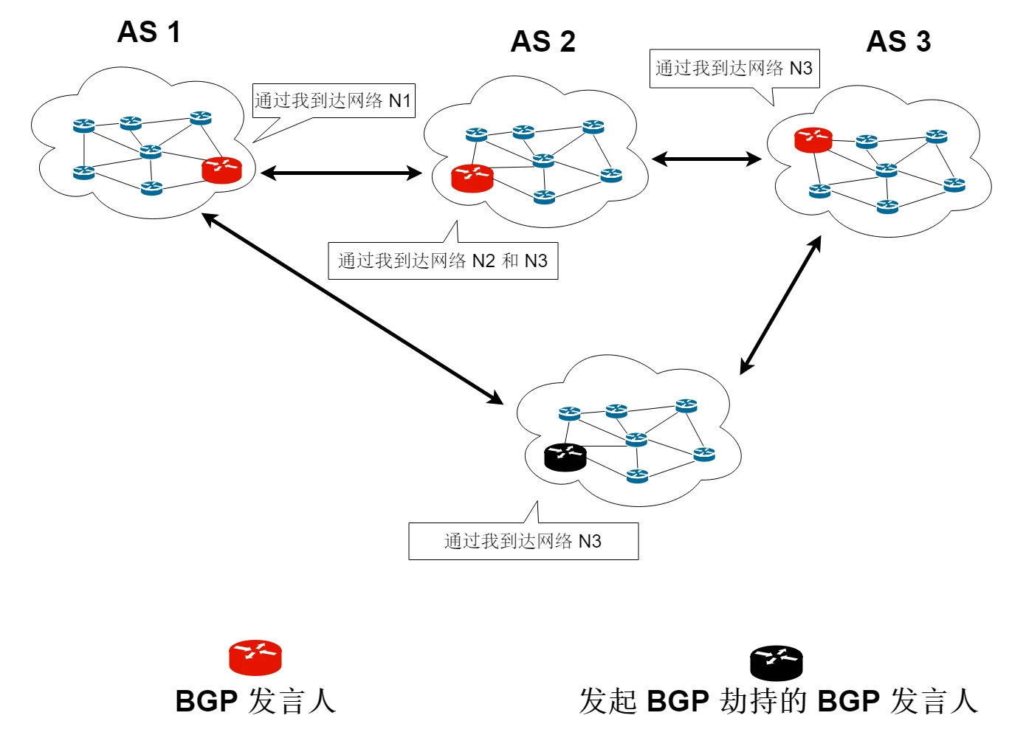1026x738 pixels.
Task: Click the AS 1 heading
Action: point(149,32)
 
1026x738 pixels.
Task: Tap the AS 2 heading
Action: point(543,41)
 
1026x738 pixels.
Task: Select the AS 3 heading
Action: point(898,41)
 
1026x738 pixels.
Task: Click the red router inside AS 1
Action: point(221,170)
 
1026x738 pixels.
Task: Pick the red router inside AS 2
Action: point(472,178)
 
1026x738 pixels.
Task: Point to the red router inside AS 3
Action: point(813,139)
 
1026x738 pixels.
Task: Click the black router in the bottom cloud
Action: point(565,457)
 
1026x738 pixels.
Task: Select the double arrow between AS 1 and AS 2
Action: point(340,173)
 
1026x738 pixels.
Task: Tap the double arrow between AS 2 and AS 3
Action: point(706,159)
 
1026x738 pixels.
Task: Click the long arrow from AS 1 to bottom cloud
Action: point(352,308)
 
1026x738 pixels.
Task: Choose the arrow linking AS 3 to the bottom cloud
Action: point(780,305)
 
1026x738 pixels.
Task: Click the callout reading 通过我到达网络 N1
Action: point(334,100)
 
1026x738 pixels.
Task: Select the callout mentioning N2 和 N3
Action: point(443,261)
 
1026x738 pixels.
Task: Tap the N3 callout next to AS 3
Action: point(734,69)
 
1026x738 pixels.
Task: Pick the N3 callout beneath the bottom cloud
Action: point(523,542)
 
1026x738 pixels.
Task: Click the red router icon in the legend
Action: point(255,658)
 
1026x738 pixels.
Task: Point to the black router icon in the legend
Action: point(776,663)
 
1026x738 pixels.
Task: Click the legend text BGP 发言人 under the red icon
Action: point(255,701)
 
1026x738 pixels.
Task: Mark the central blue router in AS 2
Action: point(543,160)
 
